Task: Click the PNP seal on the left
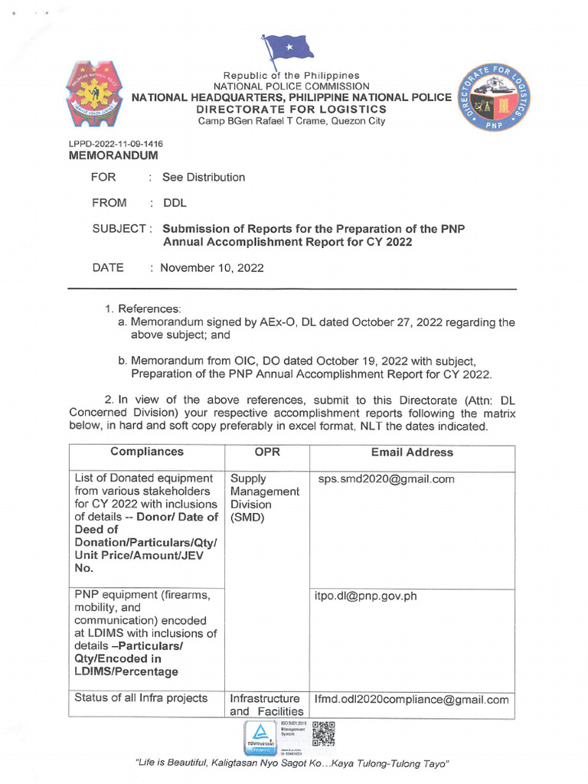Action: click(97, 95)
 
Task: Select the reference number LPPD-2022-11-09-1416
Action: click(116, 144)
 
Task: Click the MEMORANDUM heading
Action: click(113, 155)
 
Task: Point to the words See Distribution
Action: click(204, 178)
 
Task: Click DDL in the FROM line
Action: click(174, 204)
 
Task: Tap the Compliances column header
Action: click(146, 452)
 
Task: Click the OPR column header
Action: click(266, 452)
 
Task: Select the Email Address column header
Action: click(411, 452)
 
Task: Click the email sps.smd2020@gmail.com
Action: click(386, 480)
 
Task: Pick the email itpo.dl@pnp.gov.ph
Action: click(366, 596)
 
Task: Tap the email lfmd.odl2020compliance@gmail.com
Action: click(411, 700)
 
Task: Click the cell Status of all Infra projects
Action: click(141, 698)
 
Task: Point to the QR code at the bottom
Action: click(324, 733)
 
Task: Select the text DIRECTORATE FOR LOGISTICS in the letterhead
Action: click(292, 109)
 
